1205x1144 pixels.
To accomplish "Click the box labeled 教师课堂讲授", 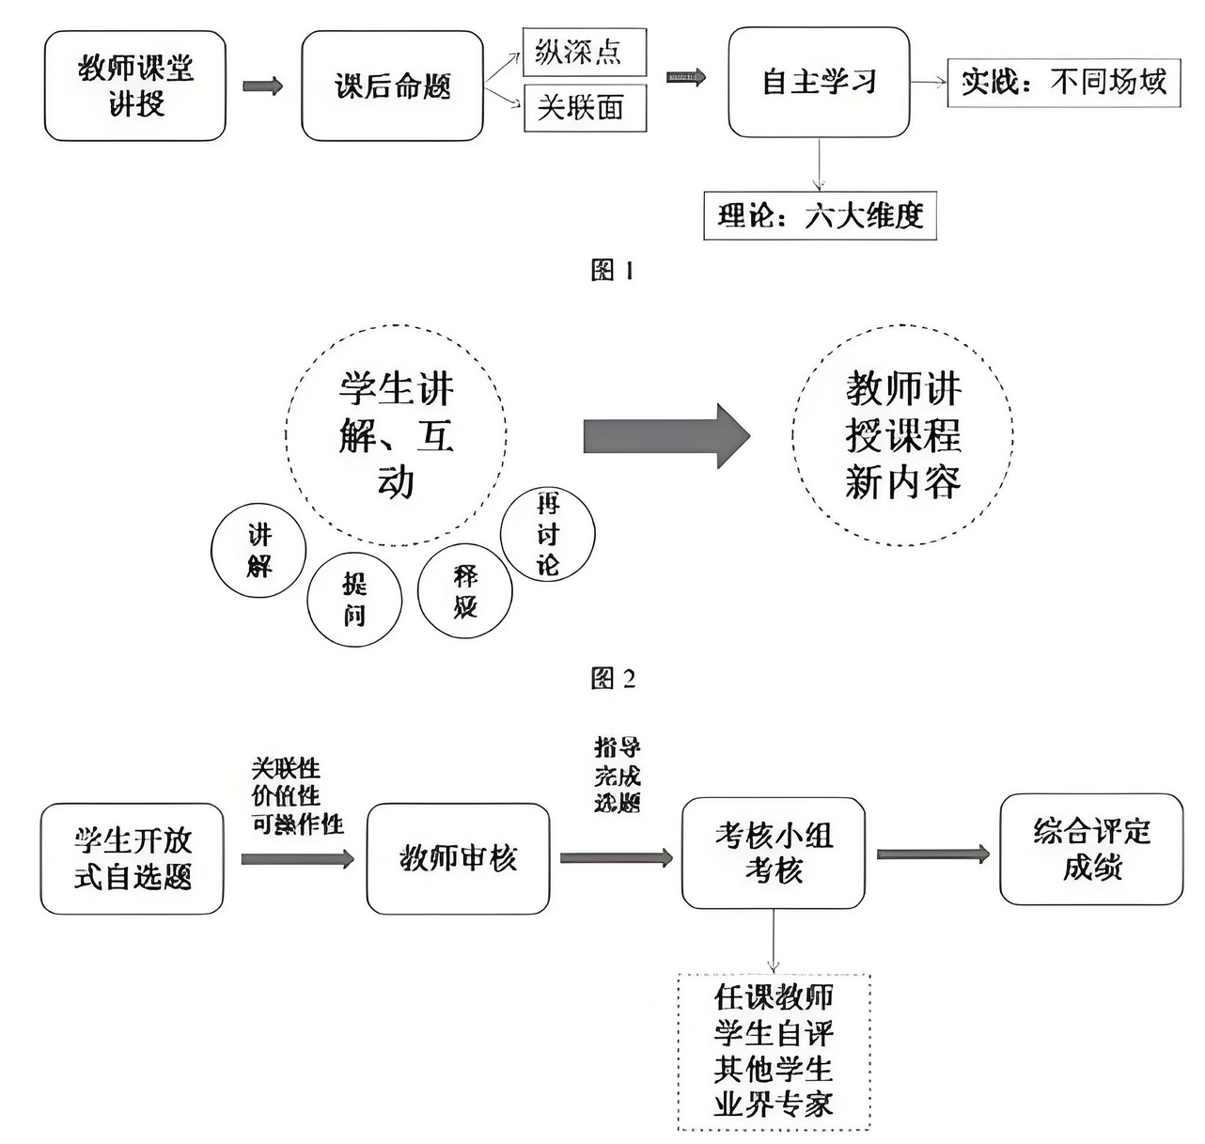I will click(x=135, y=86).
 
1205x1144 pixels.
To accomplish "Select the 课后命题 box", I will click(x=392, y=86).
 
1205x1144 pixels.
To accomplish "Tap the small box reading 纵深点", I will click(x=584, y=52).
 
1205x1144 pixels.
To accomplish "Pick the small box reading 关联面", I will click(x=584, y=107).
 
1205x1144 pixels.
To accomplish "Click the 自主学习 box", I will click(x=819, y=82).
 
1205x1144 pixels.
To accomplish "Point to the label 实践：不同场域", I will click(x=1063, y=83).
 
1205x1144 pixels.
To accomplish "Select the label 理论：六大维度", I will click(x=820, y=216).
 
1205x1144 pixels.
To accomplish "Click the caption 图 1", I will click(x=612, y=271).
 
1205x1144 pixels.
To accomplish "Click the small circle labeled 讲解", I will click(x=258, y=551).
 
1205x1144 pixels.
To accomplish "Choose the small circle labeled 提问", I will click(x=354, y=599).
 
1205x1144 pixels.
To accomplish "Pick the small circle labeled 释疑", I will click(x=465, y=591).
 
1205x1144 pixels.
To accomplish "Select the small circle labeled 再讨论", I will click(x=548, y=535).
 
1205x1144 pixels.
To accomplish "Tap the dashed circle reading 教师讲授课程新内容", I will click(x=902, y=435).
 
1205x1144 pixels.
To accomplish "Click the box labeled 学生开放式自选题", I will click(x=133, y=858).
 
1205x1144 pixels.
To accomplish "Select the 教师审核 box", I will click(x=458, y=858).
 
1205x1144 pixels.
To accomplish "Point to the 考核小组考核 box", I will click(x=773, y=854).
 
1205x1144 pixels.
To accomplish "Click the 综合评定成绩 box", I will click(x=1091, y=849).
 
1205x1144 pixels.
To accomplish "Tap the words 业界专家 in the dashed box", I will click(x=774, y=1104).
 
